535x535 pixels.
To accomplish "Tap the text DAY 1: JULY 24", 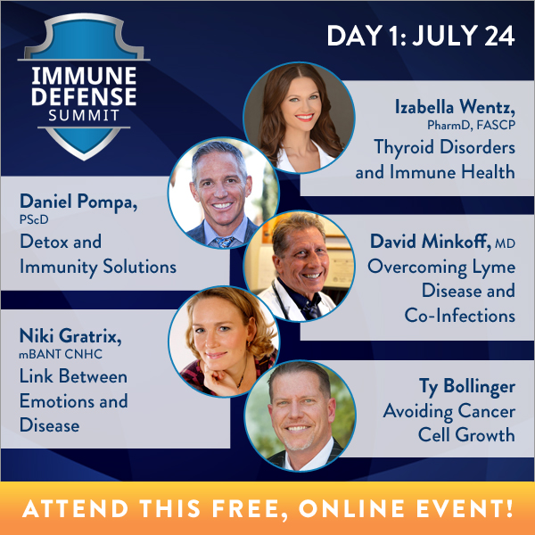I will [x=420, y=36].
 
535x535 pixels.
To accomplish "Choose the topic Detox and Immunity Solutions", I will [x=97, y=254].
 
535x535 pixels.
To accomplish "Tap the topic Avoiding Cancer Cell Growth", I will [x=449, y=424].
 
